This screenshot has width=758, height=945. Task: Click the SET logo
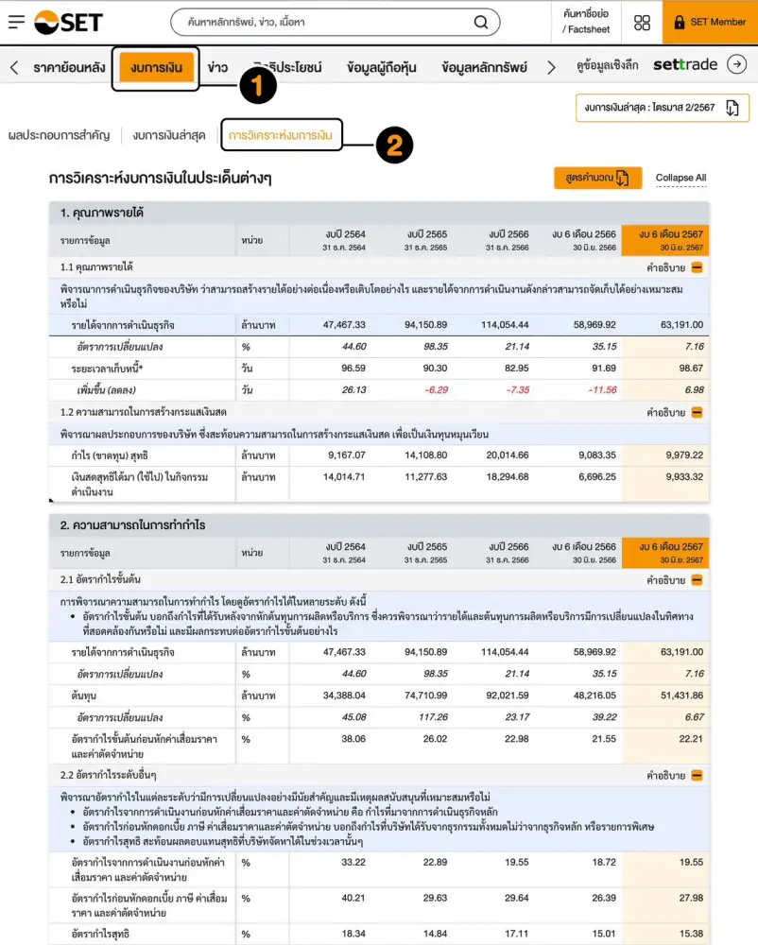coord(68,22)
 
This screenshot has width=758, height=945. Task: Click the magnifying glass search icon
coord(481,22)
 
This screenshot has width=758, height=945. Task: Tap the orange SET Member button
coord(709,22)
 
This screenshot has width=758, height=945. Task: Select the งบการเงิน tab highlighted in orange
coord(156,68)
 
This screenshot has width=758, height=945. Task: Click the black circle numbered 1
coord(257,86)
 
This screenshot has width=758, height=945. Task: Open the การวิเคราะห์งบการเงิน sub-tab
coord(282,135)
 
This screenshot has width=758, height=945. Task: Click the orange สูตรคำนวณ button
coord(597,178)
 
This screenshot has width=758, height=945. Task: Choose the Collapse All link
coord(680,178)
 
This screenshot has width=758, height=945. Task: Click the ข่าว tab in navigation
coord(217,68)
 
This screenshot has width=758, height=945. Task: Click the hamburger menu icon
coord(16,22)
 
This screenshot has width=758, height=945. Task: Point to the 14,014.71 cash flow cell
coord(343,477)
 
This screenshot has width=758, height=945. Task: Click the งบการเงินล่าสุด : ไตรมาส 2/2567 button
coord(662,108)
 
